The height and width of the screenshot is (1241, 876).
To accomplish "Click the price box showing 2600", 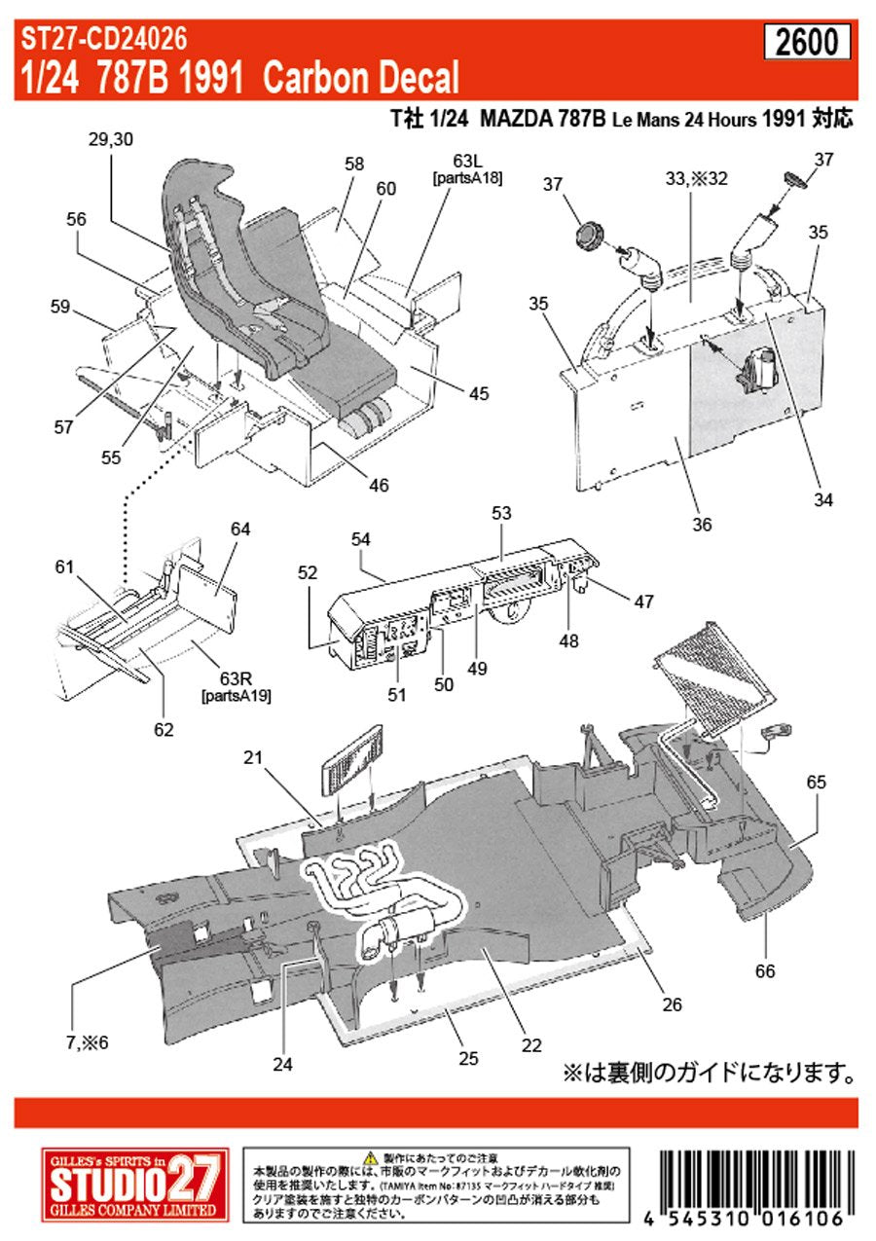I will [807, 43].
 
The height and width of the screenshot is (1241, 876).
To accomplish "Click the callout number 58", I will [353, 164].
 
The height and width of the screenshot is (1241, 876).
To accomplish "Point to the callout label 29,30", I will [109, 140].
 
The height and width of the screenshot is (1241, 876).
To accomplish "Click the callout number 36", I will [702, 525].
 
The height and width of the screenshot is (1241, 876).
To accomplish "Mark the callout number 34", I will [823, 501].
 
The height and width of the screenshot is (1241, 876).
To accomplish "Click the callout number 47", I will [643, 602].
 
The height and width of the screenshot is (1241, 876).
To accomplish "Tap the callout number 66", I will [765, 970].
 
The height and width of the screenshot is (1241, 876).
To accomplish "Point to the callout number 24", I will [282, 1064].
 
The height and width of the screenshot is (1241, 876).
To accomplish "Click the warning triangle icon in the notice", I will [370, 1157].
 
